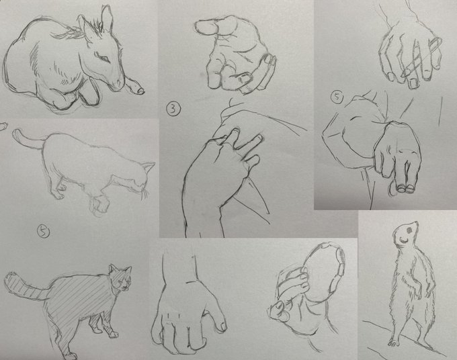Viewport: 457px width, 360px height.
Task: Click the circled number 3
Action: click(173, 109)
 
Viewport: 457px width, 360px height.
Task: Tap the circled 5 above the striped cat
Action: click(44, 232)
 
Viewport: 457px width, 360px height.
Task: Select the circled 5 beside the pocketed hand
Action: click(337, 97)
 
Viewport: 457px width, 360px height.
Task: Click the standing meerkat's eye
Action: click(409, 230)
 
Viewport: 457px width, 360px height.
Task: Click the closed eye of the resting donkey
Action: click(103, 56)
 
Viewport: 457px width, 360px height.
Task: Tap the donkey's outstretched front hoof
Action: click(140, 90)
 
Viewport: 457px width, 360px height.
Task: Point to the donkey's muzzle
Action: click(119, 83)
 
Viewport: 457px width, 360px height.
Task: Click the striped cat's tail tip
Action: click(9, 277)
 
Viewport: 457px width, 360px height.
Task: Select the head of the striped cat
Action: click(120, 278)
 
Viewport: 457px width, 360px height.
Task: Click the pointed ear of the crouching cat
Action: click(149, 167)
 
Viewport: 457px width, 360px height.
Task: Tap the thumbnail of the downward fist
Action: click(224, 326)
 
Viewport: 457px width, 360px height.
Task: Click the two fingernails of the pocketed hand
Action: click(406, 188)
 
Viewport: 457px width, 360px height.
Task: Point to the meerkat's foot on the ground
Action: click(393, 343)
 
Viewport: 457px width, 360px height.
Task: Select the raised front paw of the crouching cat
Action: click(99, 205)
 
